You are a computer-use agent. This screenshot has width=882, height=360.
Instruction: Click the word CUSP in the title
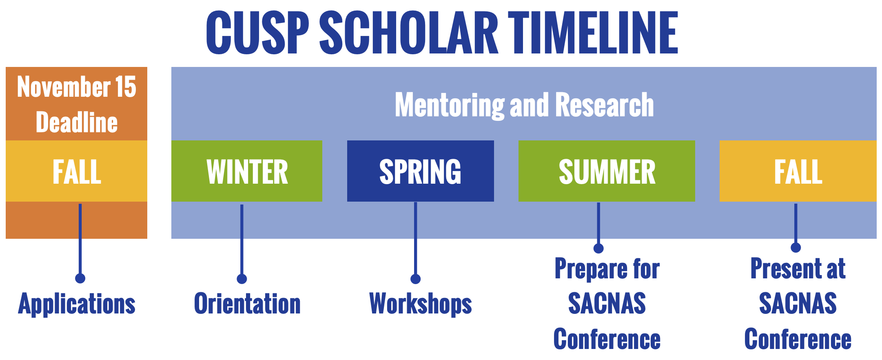[x=257, y=33]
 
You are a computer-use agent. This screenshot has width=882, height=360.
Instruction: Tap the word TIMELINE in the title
[x=593, y=33]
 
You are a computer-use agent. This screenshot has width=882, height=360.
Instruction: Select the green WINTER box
[x=247, y=171]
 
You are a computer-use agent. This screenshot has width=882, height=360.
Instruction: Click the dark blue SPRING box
[x=421, y=171]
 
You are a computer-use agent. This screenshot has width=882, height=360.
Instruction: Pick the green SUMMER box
[x=607, y=171]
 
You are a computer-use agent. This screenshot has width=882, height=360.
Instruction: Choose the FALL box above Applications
[x=76, y=171]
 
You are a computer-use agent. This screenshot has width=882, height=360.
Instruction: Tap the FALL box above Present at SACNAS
[x=798, y=171]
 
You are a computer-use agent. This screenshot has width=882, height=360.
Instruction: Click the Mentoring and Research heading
[x=524, y=105]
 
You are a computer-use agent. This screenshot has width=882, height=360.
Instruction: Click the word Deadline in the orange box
[x=77, y=122]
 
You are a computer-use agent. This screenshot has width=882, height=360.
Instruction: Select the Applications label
[x=77, y=304]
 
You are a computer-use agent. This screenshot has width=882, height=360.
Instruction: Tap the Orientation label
[x=247, y=304]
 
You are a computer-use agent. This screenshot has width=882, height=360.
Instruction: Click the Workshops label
[x=421, y=304]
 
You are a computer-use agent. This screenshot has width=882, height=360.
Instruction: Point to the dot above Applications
[x=80, y=278]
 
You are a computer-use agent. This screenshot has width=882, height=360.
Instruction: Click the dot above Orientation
[x=242, y=279]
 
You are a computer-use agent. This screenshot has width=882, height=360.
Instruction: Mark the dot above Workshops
[x=416, y=279]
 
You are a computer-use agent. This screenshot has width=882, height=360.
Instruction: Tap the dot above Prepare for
[x=598, y=248]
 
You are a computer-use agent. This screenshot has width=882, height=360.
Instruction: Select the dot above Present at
[x=796, y=247]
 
